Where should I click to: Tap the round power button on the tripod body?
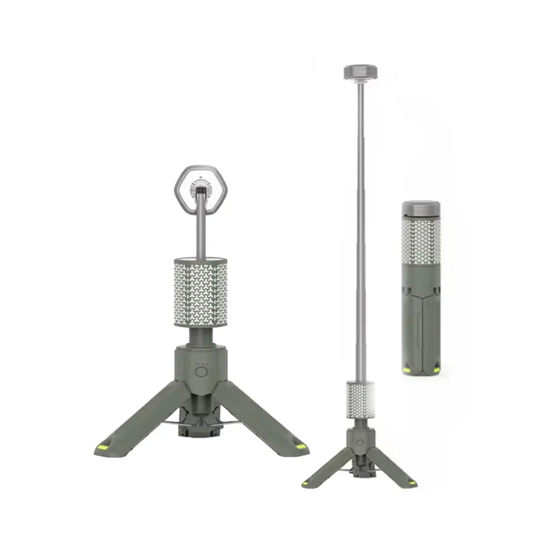pyautogui.click(x=201, y=372)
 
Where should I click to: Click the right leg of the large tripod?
pyautogui.click(x=262, y=417)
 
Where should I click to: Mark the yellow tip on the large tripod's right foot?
pyautogui.click(x=301, y=446)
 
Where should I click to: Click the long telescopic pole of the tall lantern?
pyautogui.click(x=361, y=230)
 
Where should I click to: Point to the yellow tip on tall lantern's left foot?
pyautogui.click(x=307, y=483)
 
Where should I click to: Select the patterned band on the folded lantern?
pyautogui.click(x=421, y=241)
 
